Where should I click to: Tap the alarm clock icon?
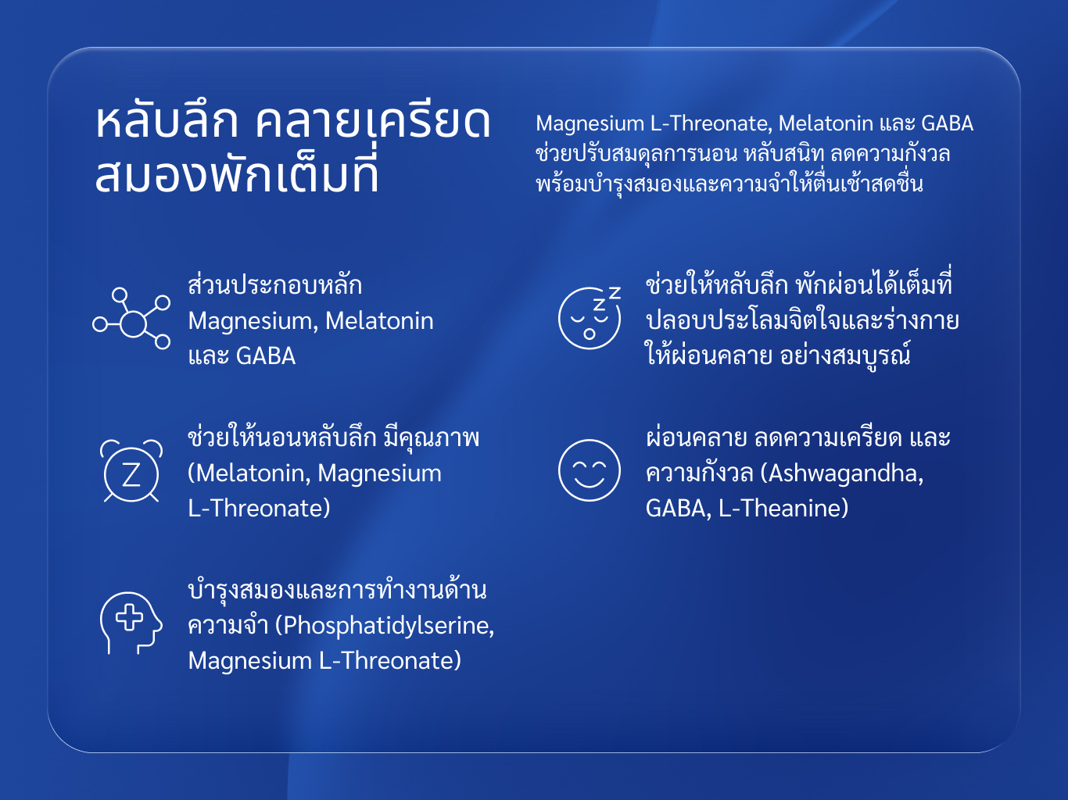click(x=131, y=470)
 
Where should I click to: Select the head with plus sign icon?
click(x=131, y=623)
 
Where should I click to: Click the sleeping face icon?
click(x=590, y=318)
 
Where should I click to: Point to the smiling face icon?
click(x=590, y=470)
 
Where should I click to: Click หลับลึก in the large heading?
click(x=167, y=122)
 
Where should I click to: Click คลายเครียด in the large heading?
click(x=373, y=122)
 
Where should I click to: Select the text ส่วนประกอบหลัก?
click(x=275, y=284)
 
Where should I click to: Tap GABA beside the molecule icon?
click(x=266, y=355)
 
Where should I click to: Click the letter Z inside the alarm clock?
click(x=131, y=474)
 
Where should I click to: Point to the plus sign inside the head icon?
click(x=130, y=618)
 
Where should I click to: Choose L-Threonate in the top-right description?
click(x=711, y=123)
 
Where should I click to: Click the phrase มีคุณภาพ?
click(x=431, y=437)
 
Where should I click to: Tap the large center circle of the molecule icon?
click(x=133, y=323)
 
